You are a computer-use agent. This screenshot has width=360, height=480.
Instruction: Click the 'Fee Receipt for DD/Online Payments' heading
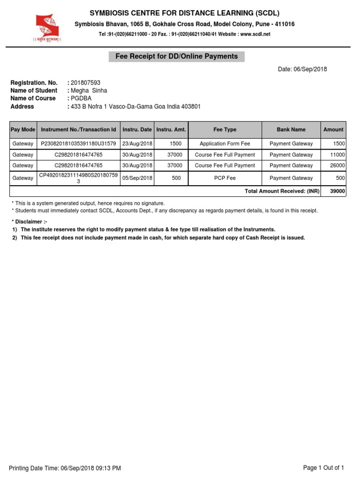tap(177, 57)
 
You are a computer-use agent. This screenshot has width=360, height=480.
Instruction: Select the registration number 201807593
tap(85, 82)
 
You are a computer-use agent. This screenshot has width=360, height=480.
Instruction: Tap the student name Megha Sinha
tap(89, 90)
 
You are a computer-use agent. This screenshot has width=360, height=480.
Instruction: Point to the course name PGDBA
tap(81, 98)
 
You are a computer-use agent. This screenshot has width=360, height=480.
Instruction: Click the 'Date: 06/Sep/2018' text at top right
tap(302, 69)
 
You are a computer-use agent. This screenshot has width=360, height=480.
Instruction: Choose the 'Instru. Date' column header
tap(137, 129)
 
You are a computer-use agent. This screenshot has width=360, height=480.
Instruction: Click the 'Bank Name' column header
tap(291, 129)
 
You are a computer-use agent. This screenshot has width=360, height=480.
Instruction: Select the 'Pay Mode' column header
tap(22, 129)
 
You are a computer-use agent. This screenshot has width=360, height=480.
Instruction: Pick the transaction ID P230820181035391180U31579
tap(78, 143)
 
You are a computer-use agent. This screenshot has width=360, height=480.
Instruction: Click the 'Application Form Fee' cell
tap(225, 143)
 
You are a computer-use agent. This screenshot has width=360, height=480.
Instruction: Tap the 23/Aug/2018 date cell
tap(137, 143)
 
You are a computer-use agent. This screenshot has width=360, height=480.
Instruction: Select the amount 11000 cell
tap(337, 155)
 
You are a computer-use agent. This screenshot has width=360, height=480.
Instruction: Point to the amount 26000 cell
tap(337, 165)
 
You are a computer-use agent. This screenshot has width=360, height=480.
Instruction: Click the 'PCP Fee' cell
tap(225, 178)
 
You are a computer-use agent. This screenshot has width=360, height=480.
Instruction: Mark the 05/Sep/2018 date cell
tap(137, 178)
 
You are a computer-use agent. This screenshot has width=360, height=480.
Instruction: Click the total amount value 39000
tap(337, 191)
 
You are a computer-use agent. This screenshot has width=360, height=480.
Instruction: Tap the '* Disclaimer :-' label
tap(29, 221)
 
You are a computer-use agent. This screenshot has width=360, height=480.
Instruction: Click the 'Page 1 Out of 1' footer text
tap(323, 468)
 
